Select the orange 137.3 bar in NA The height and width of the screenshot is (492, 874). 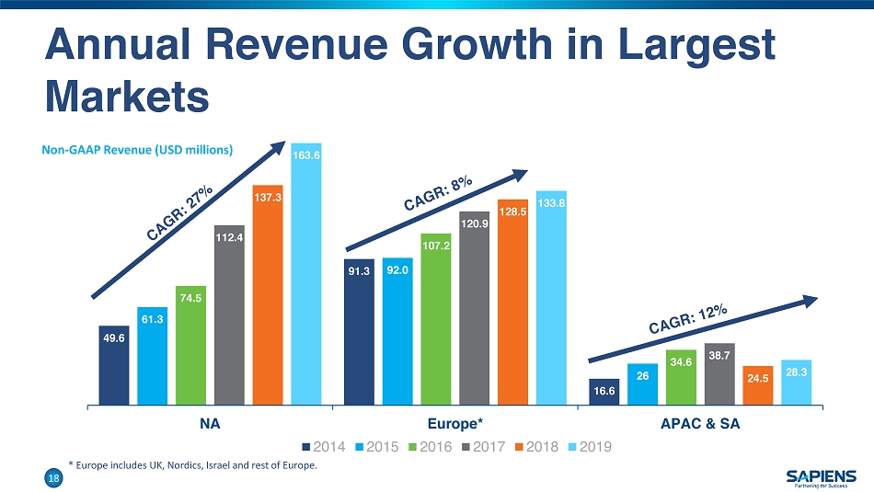(x=267, y=294)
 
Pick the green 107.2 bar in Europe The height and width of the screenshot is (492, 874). (x=436, y=318)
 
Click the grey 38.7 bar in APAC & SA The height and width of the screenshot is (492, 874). (x=719, y=373)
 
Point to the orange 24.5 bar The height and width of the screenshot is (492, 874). (x=758, y=385)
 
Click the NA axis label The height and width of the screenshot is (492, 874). (x=210, y=425)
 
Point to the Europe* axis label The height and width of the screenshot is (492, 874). (x=454, y=425)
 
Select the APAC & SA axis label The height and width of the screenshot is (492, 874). (x=700, y=425)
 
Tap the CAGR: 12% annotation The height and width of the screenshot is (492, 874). (x=688, y=321)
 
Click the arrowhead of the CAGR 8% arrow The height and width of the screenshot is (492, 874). (x=522, y=176)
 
